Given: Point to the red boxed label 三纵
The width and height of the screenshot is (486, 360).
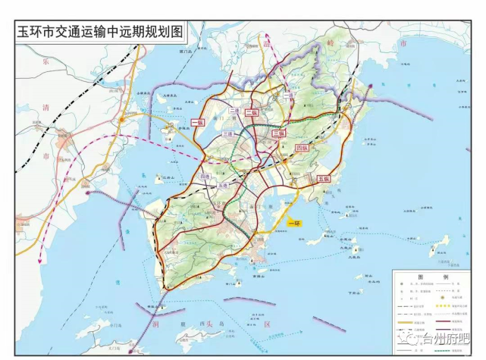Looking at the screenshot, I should pyautogui.click(x=278, y=133).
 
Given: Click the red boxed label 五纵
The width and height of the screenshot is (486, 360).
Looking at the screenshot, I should pyautogui.click(x=325, y=180).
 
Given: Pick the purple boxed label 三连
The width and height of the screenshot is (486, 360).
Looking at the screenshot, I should pyautogui.click(x=227, y=133).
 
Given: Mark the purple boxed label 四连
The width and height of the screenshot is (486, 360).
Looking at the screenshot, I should pyautogui.click(x=204, y=177).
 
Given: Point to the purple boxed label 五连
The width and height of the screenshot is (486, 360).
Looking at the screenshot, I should pyautogui.click(x=223, y=185).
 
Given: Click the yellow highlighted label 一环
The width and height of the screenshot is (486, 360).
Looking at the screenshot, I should pyautogui.click(x=296, y=223).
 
